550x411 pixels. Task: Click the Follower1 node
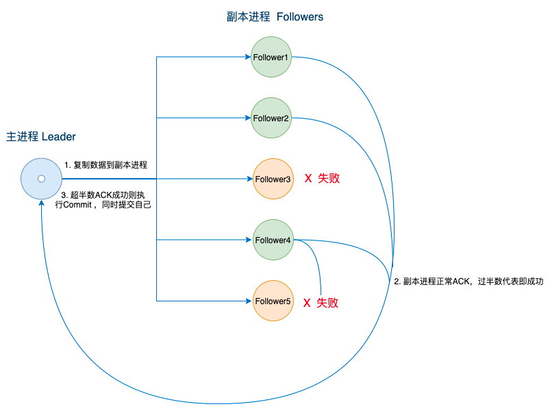(271, 57)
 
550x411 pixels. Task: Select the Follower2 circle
(271, 118)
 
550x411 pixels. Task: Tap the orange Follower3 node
(273, 179)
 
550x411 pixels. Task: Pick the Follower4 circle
(273, 240)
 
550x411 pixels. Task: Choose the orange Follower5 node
(273, 301)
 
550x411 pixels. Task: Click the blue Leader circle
(41, 179)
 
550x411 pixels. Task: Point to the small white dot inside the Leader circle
(41, 179)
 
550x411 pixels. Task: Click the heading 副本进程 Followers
(275, 17)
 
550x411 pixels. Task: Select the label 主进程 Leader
(41, 136)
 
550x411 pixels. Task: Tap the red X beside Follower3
(308, 179)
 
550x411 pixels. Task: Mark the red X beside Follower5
(307, 303)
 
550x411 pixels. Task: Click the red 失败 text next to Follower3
(329, 179)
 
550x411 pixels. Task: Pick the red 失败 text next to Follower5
(327, 303)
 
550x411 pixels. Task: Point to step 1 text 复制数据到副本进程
(106, 165)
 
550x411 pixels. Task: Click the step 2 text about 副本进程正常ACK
(468, 282)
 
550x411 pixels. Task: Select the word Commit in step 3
(77, 205)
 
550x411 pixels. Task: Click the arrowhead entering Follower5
(250, 301)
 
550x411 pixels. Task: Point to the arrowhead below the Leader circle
(41, 203)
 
